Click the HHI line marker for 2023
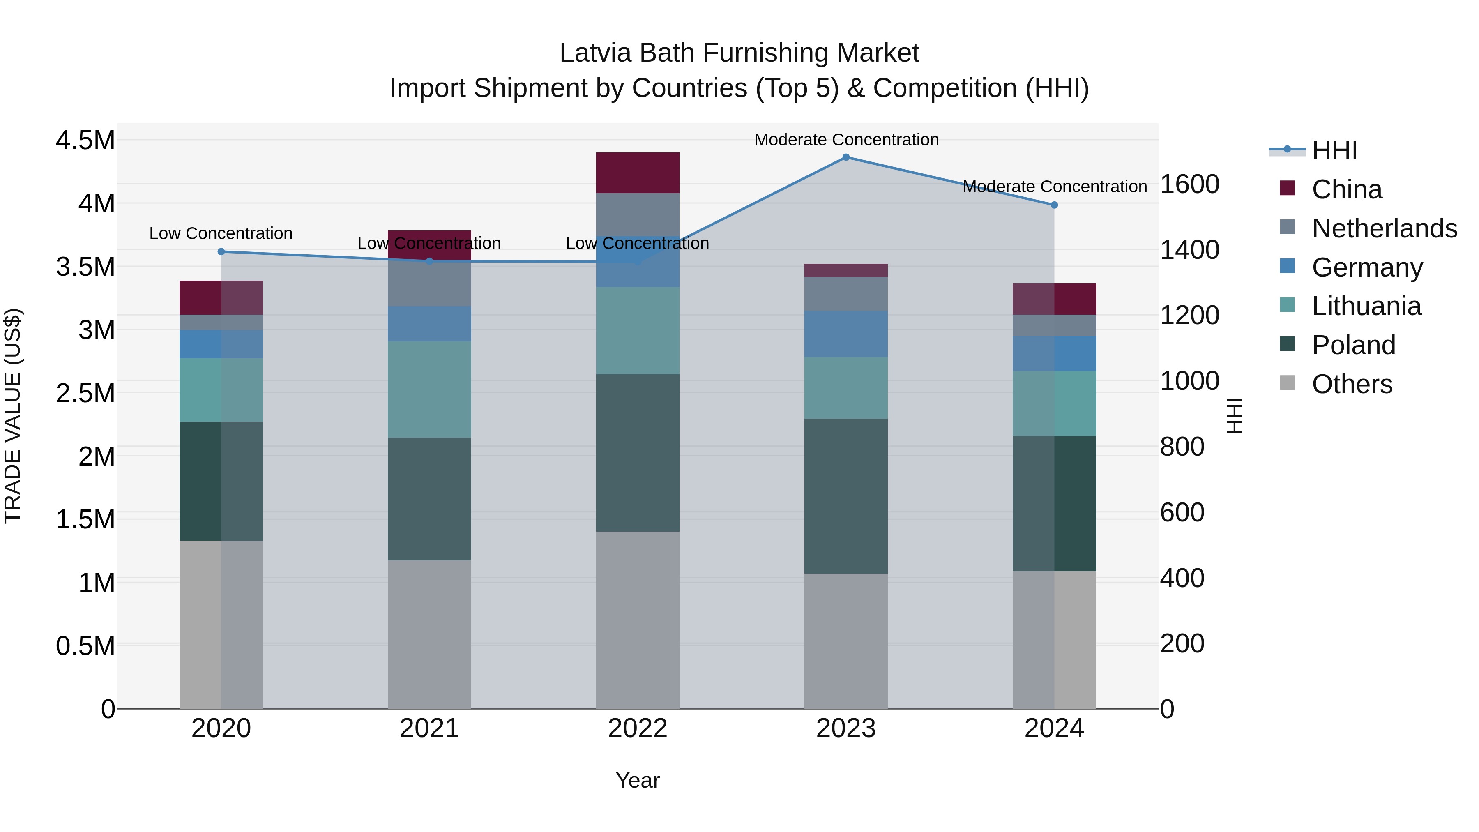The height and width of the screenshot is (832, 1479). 846,157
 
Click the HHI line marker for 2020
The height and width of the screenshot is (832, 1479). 221,251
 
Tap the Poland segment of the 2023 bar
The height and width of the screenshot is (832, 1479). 846,496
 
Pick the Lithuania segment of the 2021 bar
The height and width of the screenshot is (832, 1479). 429,389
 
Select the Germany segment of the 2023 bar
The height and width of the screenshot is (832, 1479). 846,334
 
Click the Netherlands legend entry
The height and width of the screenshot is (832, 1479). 1384,228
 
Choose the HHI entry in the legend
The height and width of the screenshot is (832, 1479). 1334,150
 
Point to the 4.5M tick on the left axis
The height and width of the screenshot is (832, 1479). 85,141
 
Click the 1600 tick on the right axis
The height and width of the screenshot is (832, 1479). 1190,184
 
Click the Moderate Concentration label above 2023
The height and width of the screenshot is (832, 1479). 846,140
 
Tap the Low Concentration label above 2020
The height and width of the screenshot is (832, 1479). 221,234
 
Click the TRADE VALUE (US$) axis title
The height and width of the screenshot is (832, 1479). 13,416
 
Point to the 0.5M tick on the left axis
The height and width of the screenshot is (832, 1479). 85,646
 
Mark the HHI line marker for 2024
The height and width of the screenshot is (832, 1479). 1054,205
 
